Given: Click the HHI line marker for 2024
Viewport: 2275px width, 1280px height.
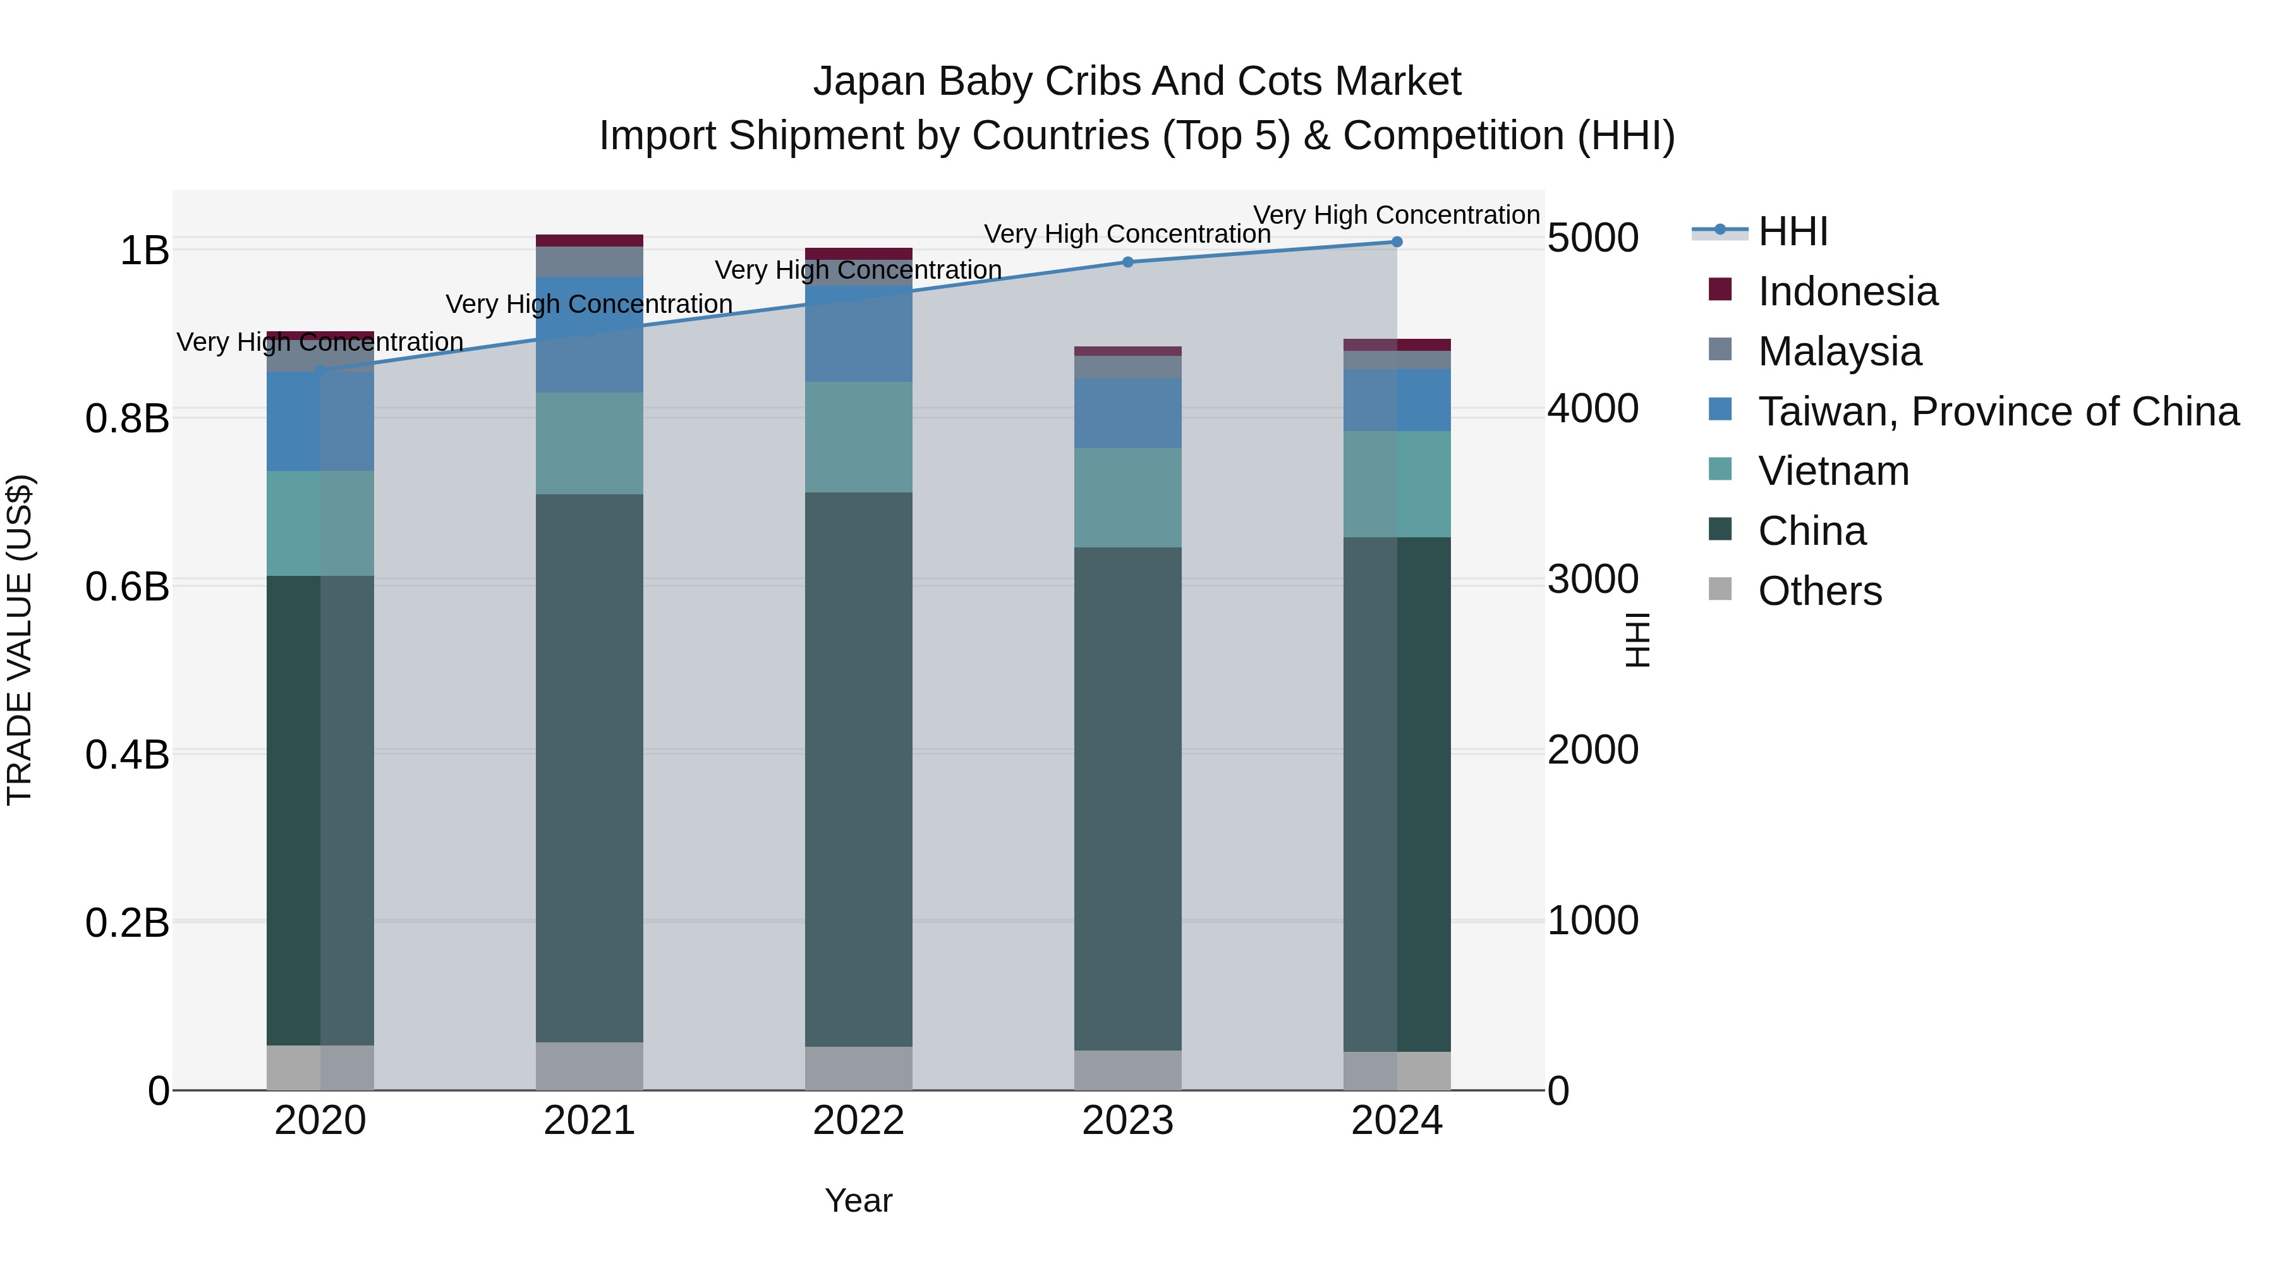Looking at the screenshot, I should (1396, 241).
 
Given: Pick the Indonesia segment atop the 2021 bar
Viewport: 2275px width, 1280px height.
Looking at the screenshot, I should (589, 240).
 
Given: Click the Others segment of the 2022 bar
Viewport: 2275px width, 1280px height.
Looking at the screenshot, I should (858, 1068).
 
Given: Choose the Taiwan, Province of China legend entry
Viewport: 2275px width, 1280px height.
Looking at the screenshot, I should (1998, 411).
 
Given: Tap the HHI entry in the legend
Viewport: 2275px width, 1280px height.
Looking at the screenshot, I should (1792, 231).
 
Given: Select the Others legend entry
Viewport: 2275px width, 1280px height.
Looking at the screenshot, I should (1819, 591).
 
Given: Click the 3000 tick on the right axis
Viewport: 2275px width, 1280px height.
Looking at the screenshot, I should (1592, 580).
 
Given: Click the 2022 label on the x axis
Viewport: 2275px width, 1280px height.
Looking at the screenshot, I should (858, 1121).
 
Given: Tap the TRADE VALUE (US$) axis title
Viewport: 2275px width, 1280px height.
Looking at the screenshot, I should (20, 640).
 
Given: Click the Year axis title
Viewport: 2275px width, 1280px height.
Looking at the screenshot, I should (858, 1200).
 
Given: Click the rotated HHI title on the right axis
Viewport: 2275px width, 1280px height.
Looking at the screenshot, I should (1637, 640).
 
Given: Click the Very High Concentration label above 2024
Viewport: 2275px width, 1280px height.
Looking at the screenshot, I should (1396, 215).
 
